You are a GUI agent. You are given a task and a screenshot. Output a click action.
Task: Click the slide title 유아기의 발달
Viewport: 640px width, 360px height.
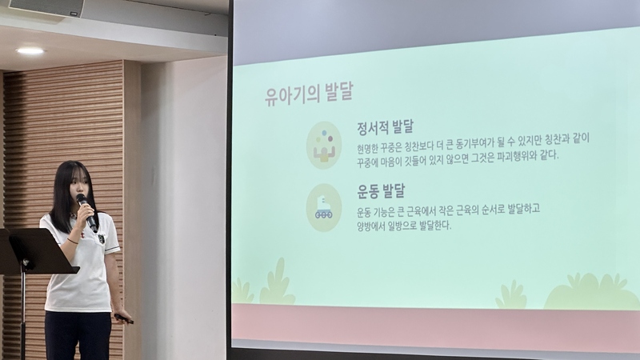309,94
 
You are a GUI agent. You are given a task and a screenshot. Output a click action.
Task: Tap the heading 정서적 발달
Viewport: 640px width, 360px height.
385,127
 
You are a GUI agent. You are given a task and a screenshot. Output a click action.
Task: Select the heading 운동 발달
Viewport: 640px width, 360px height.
381,190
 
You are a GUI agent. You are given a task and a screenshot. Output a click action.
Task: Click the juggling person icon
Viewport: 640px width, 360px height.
324,146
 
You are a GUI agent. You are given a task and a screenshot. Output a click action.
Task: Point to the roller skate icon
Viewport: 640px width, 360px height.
324,208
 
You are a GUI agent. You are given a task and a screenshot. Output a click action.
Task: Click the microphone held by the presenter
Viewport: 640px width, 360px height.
86,212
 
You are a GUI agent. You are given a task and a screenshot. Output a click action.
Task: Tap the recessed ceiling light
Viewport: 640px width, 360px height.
30,51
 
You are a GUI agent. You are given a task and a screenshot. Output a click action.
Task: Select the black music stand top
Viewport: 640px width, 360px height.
38,250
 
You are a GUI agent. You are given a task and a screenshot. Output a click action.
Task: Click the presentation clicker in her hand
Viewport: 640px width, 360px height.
124,318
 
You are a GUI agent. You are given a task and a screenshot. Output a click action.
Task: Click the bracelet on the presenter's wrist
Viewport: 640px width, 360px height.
72,242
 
